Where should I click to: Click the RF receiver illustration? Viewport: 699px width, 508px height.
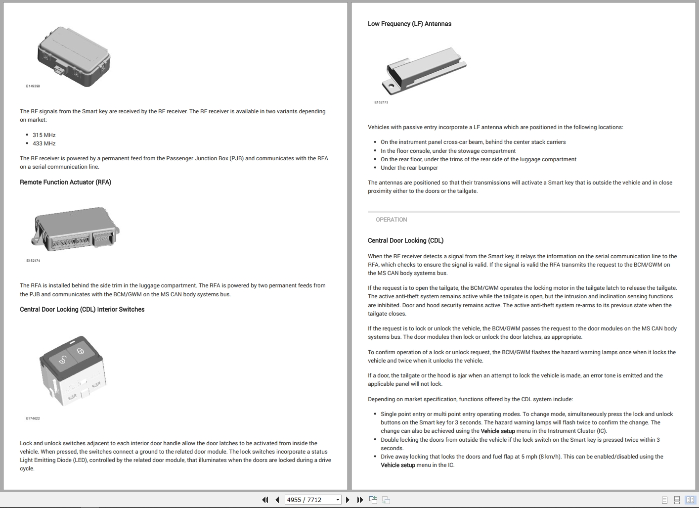tap(74, 56)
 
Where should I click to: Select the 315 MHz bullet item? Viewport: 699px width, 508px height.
tap(44, 135)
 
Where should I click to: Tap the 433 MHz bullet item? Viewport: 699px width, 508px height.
tap(44, 143)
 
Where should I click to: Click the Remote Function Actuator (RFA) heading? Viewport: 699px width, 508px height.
tap(65, 182)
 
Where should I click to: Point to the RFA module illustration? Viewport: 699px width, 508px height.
tap(76, 229)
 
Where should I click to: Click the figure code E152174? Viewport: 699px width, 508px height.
tap(33, 261)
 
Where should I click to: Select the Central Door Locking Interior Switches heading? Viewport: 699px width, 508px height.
tap(82, 310)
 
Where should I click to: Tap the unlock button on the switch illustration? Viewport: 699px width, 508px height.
tap(63, 360)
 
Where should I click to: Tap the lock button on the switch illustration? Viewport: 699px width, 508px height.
tap(80, 351)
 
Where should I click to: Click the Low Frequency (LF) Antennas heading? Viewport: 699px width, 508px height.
tap(409, 24)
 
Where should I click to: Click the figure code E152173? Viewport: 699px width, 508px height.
tap(381, 102)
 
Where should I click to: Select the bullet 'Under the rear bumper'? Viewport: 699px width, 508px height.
tap(409, 168)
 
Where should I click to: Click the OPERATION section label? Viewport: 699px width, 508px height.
tap(391, 220)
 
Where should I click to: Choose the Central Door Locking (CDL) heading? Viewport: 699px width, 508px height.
tap(405, 240)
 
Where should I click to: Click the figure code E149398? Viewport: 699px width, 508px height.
tap(33, 86)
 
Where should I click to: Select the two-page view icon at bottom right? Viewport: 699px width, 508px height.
tap(690, 500)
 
